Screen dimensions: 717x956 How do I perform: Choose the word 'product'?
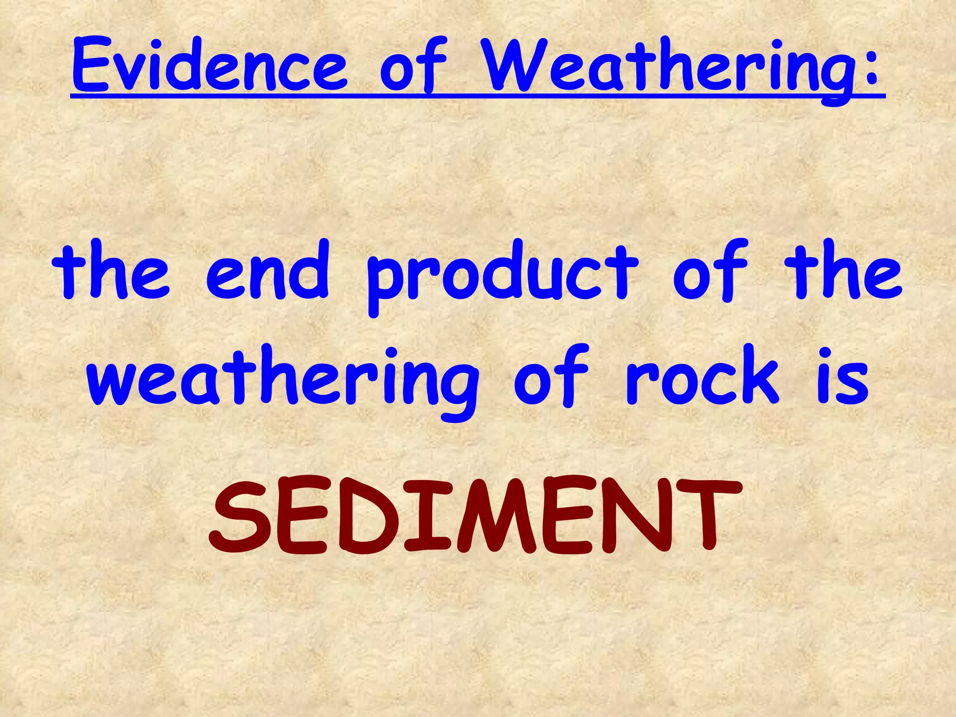[x=502, y=275]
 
